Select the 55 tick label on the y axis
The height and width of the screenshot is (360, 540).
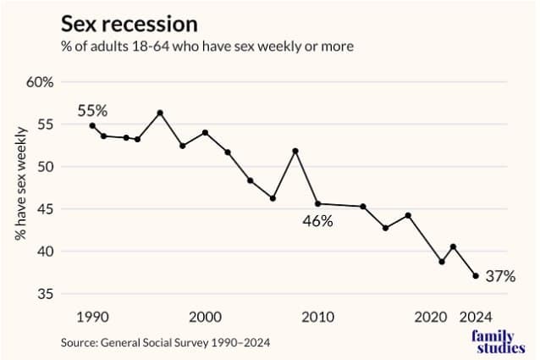(x=45, y=125)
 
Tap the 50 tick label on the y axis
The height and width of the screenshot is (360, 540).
(x=45, y=167)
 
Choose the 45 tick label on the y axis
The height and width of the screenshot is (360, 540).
(x=45, y=209)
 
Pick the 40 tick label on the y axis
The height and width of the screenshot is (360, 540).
(x=45, y=252)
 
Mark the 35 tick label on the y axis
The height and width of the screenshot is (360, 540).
(x=45, y=294)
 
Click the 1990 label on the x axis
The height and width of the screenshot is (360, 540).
(x=92, y=317)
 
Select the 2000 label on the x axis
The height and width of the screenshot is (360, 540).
(x=205, y=317)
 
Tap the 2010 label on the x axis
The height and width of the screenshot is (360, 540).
(x=317, y=317)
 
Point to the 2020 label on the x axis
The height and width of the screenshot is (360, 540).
(x=430, y=317)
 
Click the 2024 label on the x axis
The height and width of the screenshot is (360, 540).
(x=476, y=317)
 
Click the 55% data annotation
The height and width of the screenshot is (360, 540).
(x=92, y=110)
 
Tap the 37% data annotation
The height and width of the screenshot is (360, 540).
(x=499, y=275)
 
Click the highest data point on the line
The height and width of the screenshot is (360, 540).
(x=160, y=113)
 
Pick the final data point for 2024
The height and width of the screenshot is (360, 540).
(x=476, y=275)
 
